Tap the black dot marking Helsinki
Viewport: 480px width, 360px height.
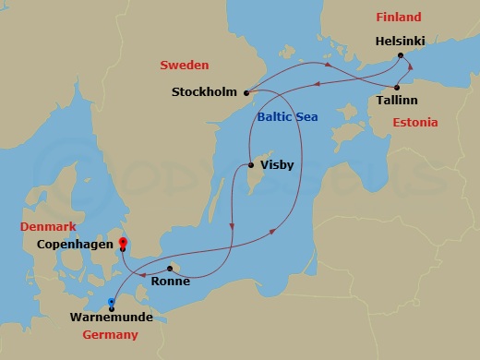401,56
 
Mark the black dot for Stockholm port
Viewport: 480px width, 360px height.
246,91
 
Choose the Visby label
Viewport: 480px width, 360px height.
277,167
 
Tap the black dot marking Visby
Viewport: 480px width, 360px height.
251,166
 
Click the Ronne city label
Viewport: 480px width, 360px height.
170,282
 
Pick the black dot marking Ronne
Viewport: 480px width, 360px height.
169,269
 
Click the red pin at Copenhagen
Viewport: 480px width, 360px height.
122,244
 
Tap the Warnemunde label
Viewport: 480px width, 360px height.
111,318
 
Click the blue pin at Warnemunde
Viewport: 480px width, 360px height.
112,302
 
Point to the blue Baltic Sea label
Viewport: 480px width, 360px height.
286,116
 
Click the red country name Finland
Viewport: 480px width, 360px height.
398,17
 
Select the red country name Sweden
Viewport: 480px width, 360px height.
185,66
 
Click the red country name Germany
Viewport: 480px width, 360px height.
110,335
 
